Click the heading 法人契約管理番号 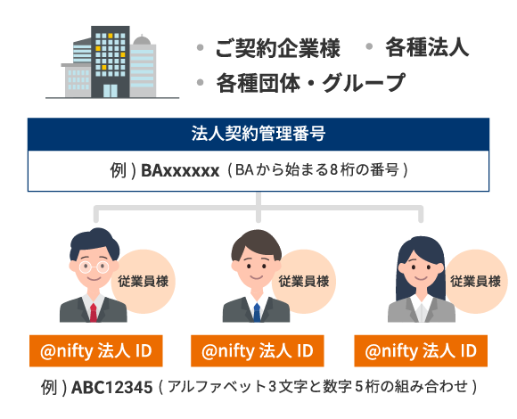tap(258, 134)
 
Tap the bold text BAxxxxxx tap(180, 171)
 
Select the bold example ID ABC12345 tap(112, 387)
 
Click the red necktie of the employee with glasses tap(94, 313)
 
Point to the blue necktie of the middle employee tap(257, 313)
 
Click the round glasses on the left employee tap(94, 267)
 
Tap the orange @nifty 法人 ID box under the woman tap(421, 350)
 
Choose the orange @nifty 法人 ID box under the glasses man tap(96, 350)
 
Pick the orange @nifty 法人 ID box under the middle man tap(258, 350)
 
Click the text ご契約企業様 tap(277, 48)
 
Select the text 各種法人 tap(427, 47)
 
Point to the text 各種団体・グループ tap(310, 82)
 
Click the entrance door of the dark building tap(111, 91)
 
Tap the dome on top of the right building tap(142, 40)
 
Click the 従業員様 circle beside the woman tap(476, 281)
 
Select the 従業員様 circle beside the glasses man tap(144, 281)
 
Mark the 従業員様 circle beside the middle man tap(304, 281)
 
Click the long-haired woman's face tap(422, 267)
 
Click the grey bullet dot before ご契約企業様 tap(200, 48)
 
